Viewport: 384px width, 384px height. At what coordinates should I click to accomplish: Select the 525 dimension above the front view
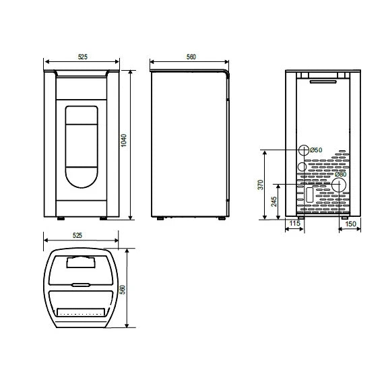(82, 58)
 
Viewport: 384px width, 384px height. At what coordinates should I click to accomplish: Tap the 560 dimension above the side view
(191, 58)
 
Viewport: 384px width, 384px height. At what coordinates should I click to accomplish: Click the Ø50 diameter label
(317, 150)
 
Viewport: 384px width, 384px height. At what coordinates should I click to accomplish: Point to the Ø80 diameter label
(342, 174)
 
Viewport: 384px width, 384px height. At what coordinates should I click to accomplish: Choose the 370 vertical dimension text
(260, 184)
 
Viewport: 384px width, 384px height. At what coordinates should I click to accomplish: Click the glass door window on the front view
(82, 145)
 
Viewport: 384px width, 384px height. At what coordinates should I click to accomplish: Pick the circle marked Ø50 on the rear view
(303, 150)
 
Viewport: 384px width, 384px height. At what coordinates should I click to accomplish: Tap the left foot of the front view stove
(61, 218)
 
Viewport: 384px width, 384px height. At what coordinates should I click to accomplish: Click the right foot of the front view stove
(104, 218)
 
